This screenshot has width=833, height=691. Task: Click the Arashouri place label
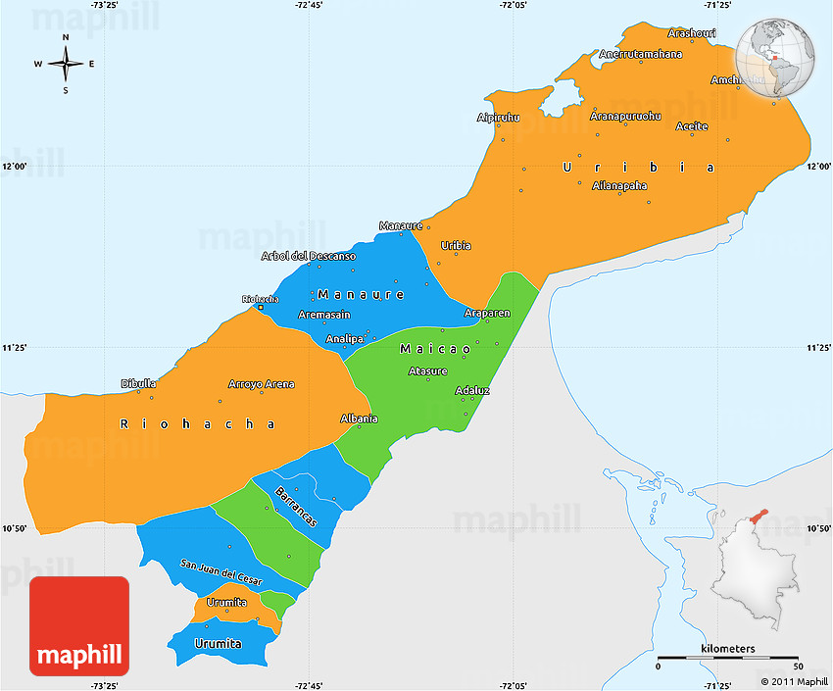tap(691, 33)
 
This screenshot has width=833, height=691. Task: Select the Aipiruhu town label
tap(498, 118)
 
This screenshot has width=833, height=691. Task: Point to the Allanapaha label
tap(619, 185)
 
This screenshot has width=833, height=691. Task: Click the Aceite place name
tap(692, 126)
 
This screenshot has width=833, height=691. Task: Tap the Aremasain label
tap(324, 315)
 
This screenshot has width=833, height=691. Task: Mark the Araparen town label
tap(487, 314)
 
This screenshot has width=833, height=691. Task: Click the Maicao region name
tap(435, 349)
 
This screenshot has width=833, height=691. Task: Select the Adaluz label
tap(472, 390)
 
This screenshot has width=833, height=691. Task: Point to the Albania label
tap(359, 419)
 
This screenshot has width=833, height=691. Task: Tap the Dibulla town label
tap(138, 383)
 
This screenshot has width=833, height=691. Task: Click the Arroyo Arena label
tap(261, 384)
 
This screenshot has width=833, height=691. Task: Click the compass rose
tap(66, 65)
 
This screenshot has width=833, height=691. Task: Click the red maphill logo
tap(79, 625)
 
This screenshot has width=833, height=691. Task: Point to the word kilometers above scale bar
tap(728, 649)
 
